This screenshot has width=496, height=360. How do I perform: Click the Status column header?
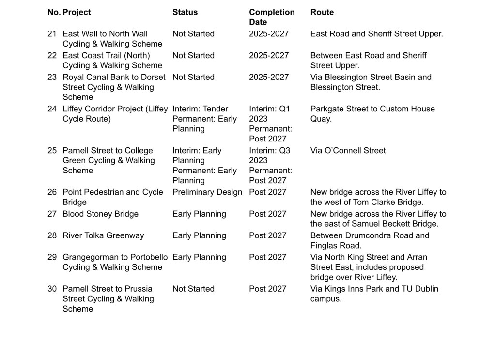coord(185,12)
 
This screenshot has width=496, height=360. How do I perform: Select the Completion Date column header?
coord(272,17)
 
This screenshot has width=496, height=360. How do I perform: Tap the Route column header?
coord(322,12)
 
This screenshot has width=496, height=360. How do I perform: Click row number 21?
coord(52,34)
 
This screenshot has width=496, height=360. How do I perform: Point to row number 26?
coord(52,192)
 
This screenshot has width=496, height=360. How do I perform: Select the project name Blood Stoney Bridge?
coord(100,214)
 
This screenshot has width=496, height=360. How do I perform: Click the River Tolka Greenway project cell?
coord(103,236)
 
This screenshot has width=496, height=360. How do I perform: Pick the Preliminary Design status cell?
coord(207,192)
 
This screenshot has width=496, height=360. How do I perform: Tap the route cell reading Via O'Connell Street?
coord(349,151)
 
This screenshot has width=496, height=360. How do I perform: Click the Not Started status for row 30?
coord(193,289)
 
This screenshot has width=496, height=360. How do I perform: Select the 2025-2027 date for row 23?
coord(269,78)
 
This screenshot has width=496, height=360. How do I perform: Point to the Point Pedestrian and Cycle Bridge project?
coord(112,197)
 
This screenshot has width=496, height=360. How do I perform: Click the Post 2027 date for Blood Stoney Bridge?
coord(268,214)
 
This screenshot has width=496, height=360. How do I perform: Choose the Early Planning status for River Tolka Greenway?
coord(199,236)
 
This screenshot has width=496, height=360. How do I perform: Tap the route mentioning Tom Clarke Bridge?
coord(378,197)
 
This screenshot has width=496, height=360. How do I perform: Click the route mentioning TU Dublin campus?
coord(374,294)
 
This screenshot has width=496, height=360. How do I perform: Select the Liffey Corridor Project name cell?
coord(115,114)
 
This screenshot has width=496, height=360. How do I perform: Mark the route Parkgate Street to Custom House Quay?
coord(372,114)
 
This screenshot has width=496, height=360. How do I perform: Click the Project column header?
coord(77,12)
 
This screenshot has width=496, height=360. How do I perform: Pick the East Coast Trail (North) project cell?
coord(112,61)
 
